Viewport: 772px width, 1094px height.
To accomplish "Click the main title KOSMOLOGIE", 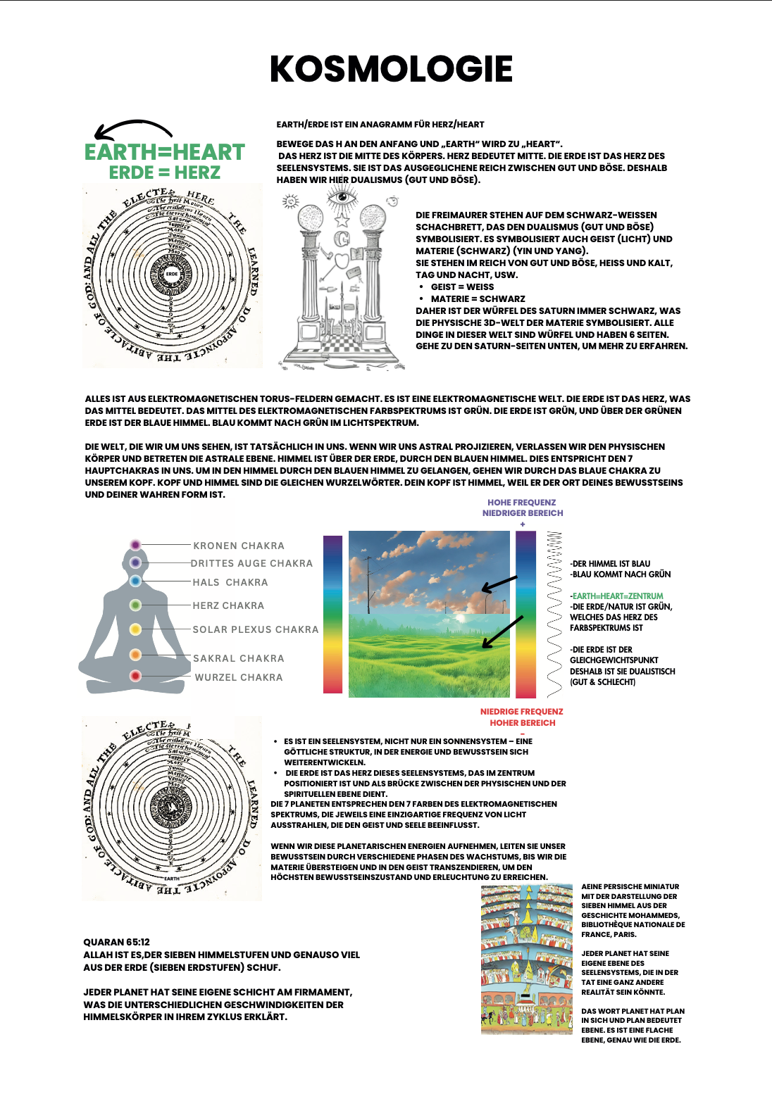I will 391,69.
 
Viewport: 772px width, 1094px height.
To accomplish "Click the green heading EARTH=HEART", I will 164,152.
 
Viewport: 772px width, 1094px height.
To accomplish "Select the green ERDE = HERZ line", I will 164,172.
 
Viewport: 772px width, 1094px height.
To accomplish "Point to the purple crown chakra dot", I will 135,545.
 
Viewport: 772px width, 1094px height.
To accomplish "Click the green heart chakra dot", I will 135,605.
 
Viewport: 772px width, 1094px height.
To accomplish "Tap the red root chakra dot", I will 135,676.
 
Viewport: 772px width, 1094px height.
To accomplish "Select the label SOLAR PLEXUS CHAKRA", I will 256,629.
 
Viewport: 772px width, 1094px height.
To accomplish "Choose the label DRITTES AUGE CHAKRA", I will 251,563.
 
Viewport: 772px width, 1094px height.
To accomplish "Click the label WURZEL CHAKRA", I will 239,677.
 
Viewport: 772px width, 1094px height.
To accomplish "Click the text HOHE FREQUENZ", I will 522,503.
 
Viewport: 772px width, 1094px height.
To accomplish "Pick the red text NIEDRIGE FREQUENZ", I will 522,712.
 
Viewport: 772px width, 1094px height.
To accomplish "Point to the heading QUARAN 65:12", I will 116,942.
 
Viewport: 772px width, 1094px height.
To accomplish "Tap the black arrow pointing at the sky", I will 499,584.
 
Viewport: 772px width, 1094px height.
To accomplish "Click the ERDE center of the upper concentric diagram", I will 172,274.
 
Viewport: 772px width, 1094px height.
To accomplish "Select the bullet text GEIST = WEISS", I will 462,287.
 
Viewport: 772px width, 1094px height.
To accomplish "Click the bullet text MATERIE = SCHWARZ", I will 478,298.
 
